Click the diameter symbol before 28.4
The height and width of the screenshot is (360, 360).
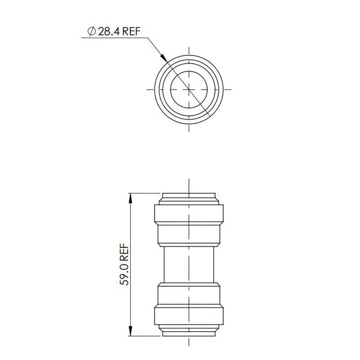(x=92, y=32)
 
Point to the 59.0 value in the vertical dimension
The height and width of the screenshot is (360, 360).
(x=125, y=274)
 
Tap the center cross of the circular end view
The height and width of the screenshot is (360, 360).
(x=189, y=89)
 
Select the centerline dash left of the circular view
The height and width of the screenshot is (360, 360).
(x=149, y=89)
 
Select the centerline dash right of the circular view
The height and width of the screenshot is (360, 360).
(x=229, y=89)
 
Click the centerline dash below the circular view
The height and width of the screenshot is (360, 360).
(x=189, y=128)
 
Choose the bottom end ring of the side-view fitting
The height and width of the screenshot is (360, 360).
(x=189, y=331)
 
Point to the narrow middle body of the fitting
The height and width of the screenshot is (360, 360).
(x=189, y=264)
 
